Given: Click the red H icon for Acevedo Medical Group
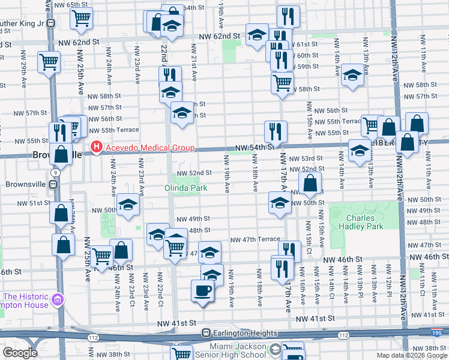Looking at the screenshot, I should tap(95, 148).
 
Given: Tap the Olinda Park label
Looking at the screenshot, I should tap(186, 188).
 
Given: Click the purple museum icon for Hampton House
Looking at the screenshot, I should tap(58, 299).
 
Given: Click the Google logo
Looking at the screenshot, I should tap(20, 353).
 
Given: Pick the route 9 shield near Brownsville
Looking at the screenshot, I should tap(56, 172).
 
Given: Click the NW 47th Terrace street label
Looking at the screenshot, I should tap(255, 239).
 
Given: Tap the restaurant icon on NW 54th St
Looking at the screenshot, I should tap(276, 130).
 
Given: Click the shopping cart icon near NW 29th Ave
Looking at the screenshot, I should tap(49, 61).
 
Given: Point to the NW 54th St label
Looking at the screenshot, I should tap(254, 148).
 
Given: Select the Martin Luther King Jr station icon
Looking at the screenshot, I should tap(52, 23).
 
